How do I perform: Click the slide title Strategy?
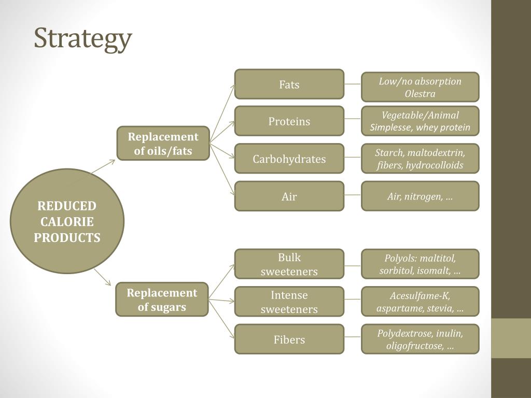83,39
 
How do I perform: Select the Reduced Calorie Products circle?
67,221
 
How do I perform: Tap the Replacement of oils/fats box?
163,144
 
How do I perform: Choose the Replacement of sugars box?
162,300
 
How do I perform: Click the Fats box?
289,84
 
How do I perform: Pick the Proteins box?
289,121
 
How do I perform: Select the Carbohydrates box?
289,159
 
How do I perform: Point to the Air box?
289,196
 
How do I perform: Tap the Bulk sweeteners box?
289,264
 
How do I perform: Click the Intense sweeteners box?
289,302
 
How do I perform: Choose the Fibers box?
289,339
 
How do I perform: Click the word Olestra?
420,94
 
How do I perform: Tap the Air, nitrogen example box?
420,196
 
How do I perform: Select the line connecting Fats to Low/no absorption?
353,84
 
